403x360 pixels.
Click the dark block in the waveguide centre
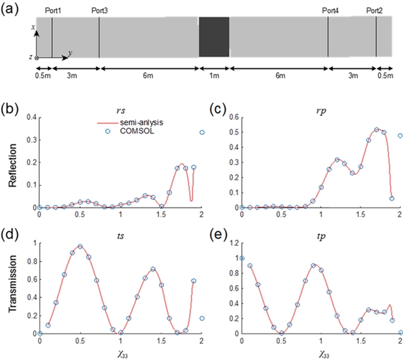click(213, 38)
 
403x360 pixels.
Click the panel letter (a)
click(11, 8)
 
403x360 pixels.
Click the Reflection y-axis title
click(13, 165)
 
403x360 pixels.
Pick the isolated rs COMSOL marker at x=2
click(202, 132)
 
